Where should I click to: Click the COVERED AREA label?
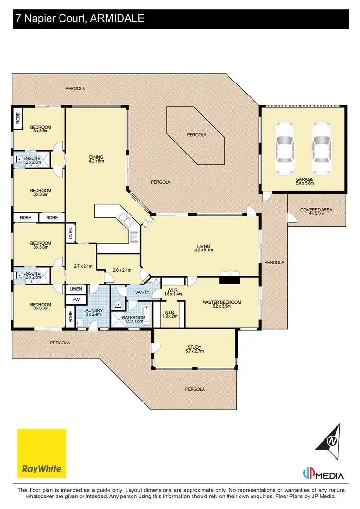(x=316, y=210)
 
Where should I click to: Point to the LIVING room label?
(x=203, y=246)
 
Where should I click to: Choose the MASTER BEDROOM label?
(x=221, y=302)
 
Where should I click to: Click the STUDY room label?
(x=195, y=347)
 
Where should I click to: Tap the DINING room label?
(x=96, y=157)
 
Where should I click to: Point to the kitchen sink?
(x=126, y=220)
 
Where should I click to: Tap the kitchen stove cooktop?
(x=134, y=236)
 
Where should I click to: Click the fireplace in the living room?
(x=229, y=274)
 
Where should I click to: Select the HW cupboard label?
(x=76, y=300)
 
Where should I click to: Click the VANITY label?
(x=142, y=292)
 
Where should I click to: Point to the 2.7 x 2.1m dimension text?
(x=83, y=266)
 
